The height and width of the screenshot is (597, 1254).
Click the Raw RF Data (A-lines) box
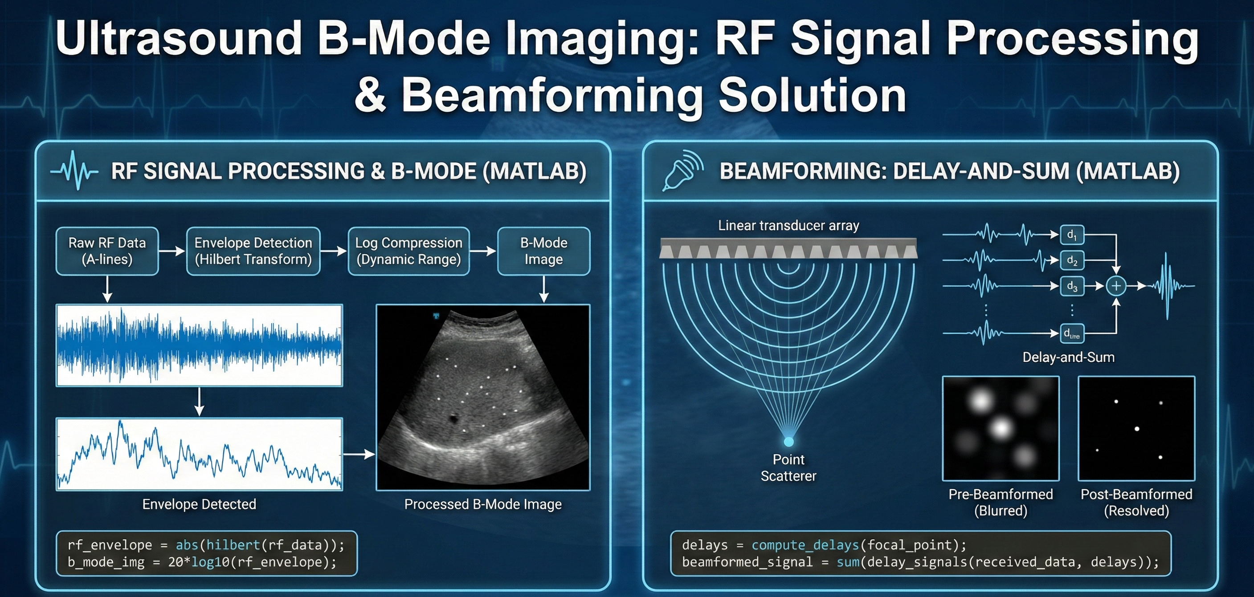pyautogui.click(x=107, y=251)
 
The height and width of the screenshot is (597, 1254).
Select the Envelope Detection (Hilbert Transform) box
pyautogui.click(x=253, y=251)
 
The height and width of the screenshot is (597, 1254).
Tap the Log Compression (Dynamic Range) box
pyautogui.click(x=408, y=251)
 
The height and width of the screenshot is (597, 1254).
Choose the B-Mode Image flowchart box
pyautogui.click(x=543, y=251)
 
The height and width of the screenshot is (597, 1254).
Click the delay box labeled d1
pyautogui.click(x=1071, y=235)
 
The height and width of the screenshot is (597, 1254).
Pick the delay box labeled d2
pyautogui.click(x=1071, y=260)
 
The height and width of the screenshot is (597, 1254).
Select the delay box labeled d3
pyautogui.click(x=1071, y=286)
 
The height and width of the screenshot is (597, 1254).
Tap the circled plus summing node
pyautogui.click(x=1116, y=286)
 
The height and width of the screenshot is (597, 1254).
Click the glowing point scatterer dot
pyautogui.click(x=788, y=441)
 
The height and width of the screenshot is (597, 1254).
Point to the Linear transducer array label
pyautogui.click(x=788, y=226)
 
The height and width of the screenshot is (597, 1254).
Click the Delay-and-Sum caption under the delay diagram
pyautogui.click(x=1068, y=357)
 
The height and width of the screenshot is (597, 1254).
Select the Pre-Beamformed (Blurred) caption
pyautogui.click(x=1001, y=502)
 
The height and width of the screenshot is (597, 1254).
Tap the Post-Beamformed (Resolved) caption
pyautogui.click(x=1136, y=502)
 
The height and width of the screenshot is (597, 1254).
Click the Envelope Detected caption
pyautogui.click(x=199, y=504)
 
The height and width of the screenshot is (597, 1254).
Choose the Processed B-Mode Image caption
pyautogui.click(x=482, y=504)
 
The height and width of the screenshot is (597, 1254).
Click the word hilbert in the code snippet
pyautogui.click(x=233, y=545)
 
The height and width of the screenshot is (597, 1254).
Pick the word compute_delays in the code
pyautogui.click(x=805, y=545)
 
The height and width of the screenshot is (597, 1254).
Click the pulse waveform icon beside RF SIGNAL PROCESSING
pyautogui.click(x=74, y=171)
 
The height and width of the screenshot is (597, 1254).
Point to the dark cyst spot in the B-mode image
pyautogui.click(x=455, y=418)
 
